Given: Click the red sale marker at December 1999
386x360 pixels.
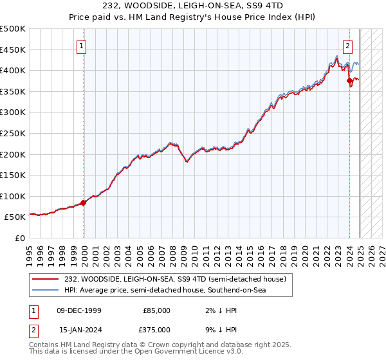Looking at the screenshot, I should pyautogui.click(x=84, y=203).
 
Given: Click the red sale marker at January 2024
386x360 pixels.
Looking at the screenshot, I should pyautogui.click(x=349, y=81).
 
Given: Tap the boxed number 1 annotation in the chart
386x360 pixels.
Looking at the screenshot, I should pyautogui.click(x=84, y=46).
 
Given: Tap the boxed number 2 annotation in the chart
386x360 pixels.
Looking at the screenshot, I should pyautogui.click(x=347, y=46).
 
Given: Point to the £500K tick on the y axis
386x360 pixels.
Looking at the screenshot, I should pyautogui.click(x=13, y=29).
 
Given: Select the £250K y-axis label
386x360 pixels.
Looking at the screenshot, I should pyautogui.click(x=13, y=133).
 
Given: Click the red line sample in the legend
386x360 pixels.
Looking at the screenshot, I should pyautogui.click(x=45, y=278).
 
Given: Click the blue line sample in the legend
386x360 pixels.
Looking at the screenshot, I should pyautogui.click(x=45, y=291).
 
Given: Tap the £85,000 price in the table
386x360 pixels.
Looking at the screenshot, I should pyautogui.click(x=156, y=310).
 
